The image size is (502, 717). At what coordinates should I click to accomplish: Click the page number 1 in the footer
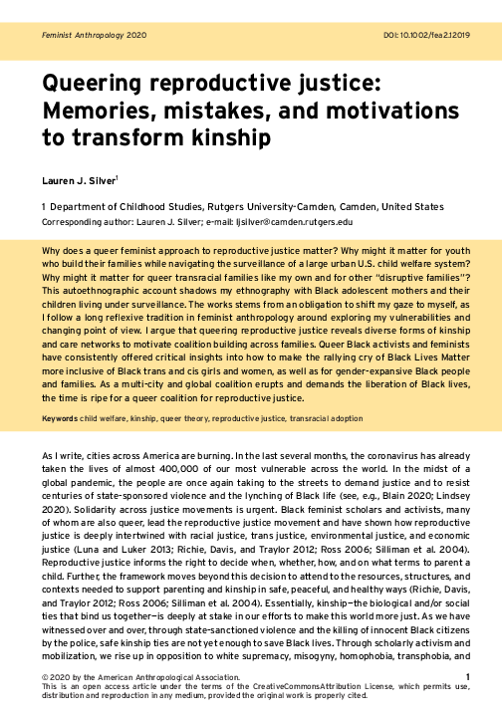[x=468, y=678]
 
